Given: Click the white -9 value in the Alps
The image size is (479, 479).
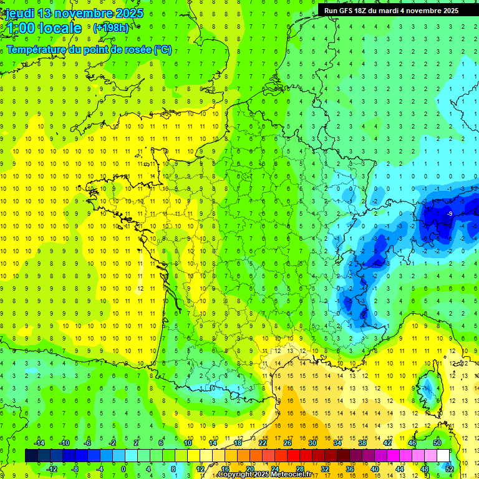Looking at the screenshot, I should click(x=450, y=214).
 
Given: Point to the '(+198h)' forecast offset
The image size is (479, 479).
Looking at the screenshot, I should click(x=112, y=28).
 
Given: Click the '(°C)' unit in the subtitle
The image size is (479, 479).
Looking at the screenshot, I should click(x=162, y=50).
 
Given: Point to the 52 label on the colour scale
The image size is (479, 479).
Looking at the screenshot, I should click(x=450, y=469).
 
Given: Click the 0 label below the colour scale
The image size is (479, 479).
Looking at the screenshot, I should click(x=123, y=469).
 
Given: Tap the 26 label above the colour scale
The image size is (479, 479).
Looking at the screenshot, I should click(x=288, y=443).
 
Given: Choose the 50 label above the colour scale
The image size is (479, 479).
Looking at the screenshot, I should click(x=437, y=443).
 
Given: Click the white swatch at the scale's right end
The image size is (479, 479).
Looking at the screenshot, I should click(x=443, y=456).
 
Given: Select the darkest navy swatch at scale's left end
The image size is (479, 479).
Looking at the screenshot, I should click(x=31, y=456).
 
